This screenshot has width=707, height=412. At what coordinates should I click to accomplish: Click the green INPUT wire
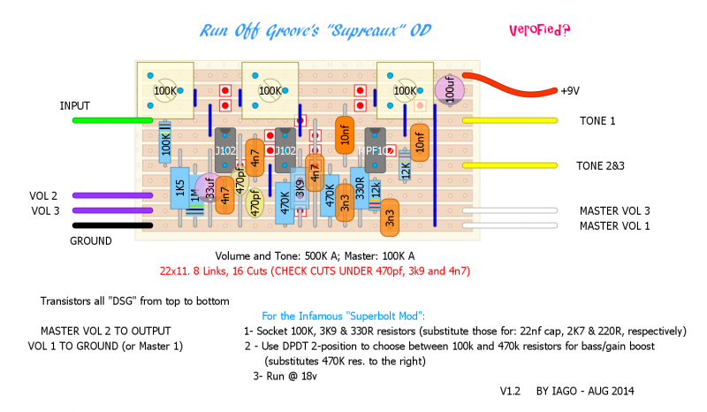coord(110,120)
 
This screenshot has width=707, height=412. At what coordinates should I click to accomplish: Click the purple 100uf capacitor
coord(450,89)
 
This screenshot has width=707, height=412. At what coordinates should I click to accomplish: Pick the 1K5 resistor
coord(179,190)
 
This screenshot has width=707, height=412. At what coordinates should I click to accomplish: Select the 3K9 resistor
coord(300,189)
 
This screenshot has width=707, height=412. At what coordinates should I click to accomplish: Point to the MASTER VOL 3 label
coord(614,210)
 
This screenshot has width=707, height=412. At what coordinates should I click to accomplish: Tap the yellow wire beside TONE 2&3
coord(509,165)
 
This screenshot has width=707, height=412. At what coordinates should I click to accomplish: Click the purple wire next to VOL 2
coord(110,195)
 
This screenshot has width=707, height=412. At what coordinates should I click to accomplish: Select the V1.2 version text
coord(511,390)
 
